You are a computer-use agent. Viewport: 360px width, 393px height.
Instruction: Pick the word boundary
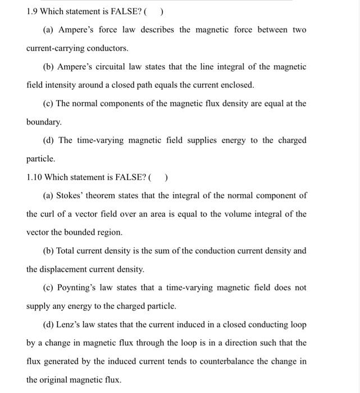point(44,122)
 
